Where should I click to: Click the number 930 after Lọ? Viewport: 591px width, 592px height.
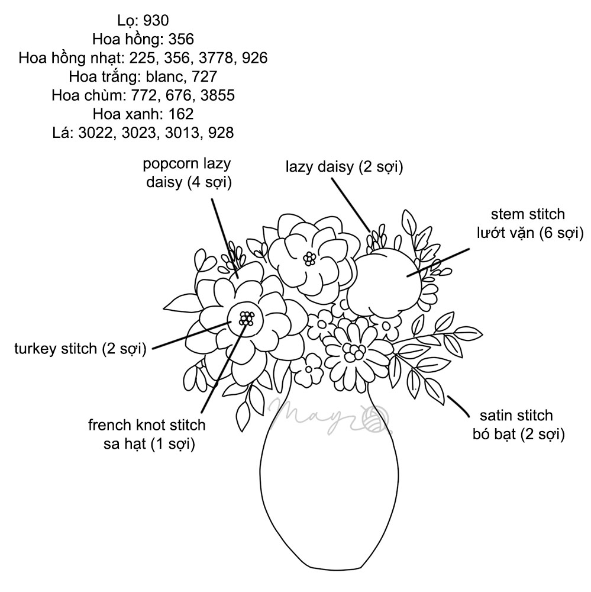pos(156,21)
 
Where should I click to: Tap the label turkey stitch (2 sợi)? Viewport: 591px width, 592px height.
pos(80,349)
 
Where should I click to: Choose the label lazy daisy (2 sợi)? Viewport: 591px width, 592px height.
pos(344,168)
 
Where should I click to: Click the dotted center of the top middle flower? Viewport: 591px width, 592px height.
pos(309,258)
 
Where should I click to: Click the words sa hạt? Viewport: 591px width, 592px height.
pos(128,443)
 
